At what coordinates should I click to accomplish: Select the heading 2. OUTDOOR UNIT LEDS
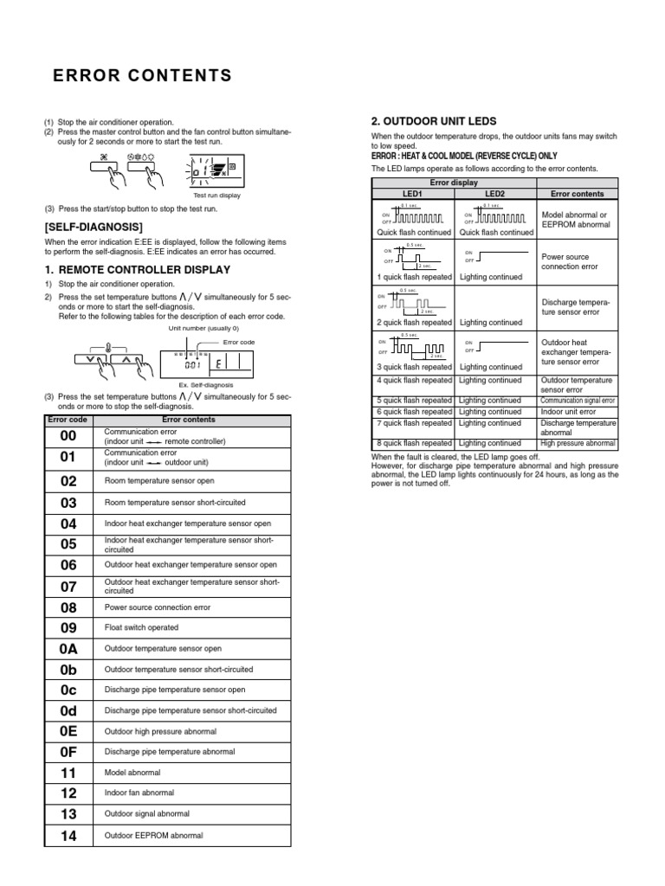pos(433,121)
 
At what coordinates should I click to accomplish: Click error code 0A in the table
pos(69,648)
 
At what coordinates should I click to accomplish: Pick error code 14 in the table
pos(69,835)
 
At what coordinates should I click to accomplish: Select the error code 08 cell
pos(69,607)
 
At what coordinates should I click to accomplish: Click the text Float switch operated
pos(141,628)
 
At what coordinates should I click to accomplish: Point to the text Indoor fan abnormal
pos(139,793)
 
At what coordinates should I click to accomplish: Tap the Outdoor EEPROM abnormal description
pos(153,835)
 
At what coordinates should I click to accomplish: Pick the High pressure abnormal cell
pos(578,444)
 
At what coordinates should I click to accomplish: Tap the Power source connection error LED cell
pos(571,262)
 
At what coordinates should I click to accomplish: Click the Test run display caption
pos(216,196)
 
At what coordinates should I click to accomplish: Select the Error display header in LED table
pos(454,183)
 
